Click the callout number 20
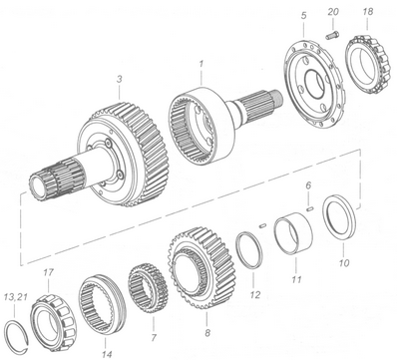[x=333, y=12]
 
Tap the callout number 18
[x=368, y=12]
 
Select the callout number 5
[x=303, y=16]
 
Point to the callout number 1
[x=201, y=64]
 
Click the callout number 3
[x=119, y=79]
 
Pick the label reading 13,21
[x=15, y=296]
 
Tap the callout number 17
[x=48, y=272]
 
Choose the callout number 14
[x=107, y=354]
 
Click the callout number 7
[x=154, y=338]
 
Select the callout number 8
[x=207, y=333]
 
